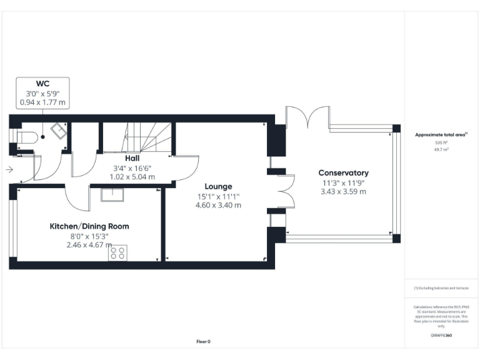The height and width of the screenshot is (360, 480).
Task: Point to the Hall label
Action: [132, 159]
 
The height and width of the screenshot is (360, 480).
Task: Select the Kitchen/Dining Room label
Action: [89, 226]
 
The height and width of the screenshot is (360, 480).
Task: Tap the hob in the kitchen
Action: [117, 252]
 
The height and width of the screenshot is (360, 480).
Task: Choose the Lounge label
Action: [219, 186]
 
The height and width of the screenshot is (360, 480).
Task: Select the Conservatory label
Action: [343, 172]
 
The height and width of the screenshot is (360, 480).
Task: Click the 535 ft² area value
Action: [442, 143]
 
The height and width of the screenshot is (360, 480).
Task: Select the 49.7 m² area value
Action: [442, 150]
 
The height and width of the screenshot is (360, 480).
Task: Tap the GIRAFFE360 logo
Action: [441, 336]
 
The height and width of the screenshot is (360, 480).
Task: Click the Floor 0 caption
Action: [204, 341]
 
